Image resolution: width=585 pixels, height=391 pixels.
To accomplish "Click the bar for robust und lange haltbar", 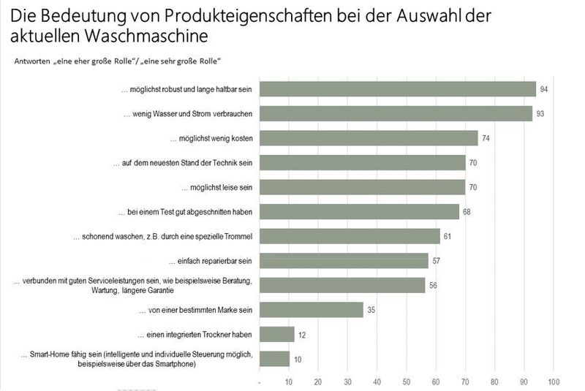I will coord(398,89).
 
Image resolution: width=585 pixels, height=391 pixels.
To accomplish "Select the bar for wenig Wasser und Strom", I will coord(396,113).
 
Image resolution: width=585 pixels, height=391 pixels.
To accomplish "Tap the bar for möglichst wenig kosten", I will coord(369,138).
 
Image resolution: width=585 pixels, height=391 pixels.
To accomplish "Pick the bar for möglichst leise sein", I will coord(363,187).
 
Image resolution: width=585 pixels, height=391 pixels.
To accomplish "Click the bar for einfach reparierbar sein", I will coord(344,261).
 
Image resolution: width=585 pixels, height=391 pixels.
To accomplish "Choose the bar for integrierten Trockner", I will coord(277,335).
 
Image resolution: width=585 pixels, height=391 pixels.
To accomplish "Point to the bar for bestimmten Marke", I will coord(312,310).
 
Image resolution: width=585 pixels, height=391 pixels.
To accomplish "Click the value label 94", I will coord(544,89).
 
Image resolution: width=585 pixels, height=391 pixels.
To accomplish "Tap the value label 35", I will coord(371,311).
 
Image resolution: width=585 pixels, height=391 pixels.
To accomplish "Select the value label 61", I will coord(448,237).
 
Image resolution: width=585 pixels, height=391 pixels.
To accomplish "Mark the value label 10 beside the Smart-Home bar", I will coord(298,360).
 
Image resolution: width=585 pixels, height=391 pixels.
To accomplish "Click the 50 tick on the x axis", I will coord(407,381).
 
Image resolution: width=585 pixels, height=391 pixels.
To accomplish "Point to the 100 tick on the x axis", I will coord(554,381).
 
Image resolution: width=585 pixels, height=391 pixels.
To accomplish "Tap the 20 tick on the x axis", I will coord(318,381).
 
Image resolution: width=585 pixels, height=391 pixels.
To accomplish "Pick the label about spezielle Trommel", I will coord(162,237).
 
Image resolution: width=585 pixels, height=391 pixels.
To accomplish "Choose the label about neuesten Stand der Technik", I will coord(182,163).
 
